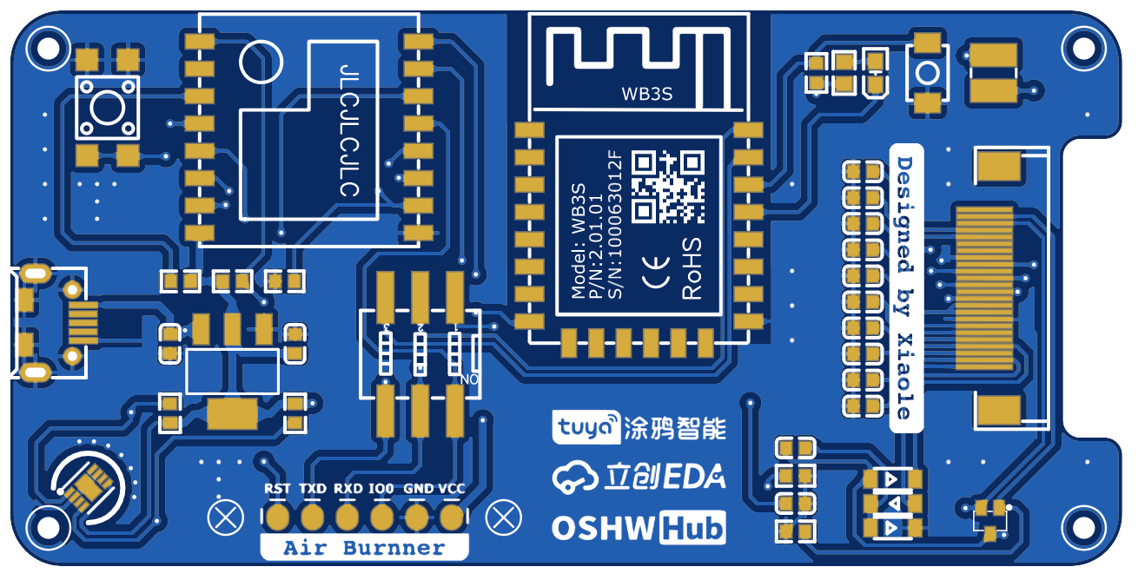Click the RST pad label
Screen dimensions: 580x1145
click(x=277, y=489)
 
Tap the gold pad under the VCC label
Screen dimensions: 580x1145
click(x=451, y=517)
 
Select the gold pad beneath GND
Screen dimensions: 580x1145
click(x=417, y=517)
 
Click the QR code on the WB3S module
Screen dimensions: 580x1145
click(x=667, y=187)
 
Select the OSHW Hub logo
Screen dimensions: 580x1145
click(x=639, y=528)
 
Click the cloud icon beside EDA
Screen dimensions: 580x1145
click(x=575, y=476)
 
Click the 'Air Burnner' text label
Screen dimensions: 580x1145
click(x=364, y=548)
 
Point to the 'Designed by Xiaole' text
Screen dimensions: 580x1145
click(x=905, y=287)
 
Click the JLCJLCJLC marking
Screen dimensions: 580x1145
click(x=349, y=130)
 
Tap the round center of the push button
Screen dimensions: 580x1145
click(x=108, y=108)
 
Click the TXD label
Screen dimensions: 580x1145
click(x=313, y=489)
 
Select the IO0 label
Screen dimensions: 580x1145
click(x=382, y=489)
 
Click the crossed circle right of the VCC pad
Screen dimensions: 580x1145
click(x=503, y=517)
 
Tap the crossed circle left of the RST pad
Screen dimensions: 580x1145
click(x=226, y=517)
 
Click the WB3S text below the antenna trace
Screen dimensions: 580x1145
click(x=647, y=95)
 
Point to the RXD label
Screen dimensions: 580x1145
click(x=348, y=489)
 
